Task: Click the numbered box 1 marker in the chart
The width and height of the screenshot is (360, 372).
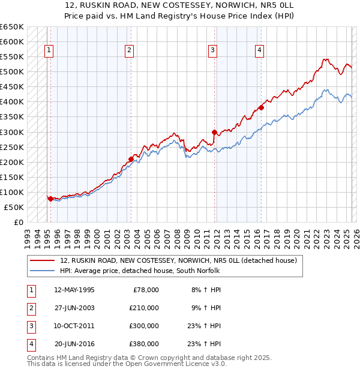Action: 48,50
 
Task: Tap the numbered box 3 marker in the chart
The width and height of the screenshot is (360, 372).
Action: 213,50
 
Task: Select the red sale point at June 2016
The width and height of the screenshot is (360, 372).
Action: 261,108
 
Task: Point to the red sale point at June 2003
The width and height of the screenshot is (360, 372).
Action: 131,159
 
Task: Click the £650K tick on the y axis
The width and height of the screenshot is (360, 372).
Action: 12,27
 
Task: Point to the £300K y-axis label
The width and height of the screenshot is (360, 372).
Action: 12,132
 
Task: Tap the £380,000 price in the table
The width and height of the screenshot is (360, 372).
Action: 144,344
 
